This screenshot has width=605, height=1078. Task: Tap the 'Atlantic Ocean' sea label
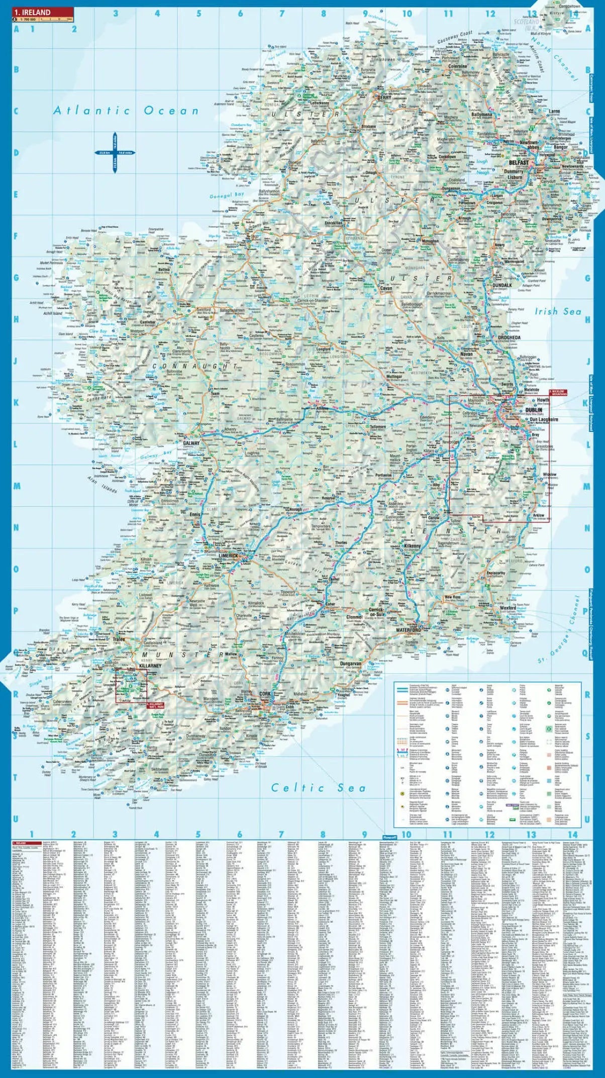[x=126, y=111]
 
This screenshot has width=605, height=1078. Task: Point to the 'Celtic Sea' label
[x=318, y=788]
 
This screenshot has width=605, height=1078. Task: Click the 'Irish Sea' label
[x=558, y=311]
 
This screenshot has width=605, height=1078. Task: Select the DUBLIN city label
[x=534, y=410]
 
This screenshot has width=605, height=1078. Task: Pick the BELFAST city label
[x=519, y=163]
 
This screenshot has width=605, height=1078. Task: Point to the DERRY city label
[x=384, y=98]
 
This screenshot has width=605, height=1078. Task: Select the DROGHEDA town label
[x=509, y=337]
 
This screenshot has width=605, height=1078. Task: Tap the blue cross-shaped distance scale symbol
[x=115, y=152]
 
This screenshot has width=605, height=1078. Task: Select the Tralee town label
[x=119, y=639]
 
